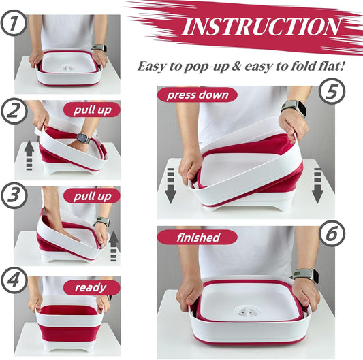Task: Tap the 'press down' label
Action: pos(197,94)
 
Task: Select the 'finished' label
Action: pos(198,238)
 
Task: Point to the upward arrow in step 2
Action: pos(27,154)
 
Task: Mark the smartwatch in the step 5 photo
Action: pos(294,108)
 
